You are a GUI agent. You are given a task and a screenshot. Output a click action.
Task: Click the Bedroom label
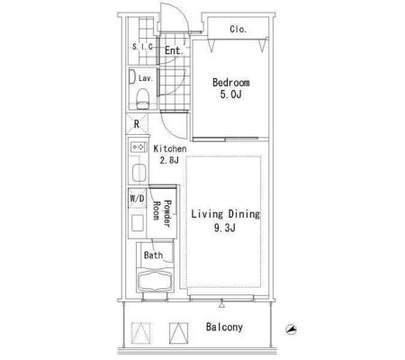230,82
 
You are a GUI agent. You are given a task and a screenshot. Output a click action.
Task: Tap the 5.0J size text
230,94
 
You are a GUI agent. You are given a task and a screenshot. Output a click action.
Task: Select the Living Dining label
225,214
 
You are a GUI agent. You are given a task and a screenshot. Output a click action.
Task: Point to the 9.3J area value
225,228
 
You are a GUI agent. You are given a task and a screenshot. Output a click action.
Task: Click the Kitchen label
170,148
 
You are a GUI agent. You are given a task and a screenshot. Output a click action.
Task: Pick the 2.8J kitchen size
169,160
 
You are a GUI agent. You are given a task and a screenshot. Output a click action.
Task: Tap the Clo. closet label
238,29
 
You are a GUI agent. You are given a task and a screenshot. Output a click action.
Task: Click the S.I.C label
142,47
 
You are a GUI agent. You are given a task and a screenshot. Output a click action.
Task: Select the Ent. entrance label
174,50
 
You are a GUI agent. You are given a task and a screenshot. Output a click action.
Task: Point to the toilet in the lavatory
142,99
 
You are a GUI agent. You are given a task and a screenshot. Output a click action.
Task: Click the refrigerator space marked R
137,124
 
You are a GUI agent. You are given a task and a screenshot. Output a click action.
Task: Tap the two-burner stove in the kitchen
139,147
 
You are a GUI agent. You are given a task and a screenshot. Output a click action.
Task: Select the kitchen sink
139,173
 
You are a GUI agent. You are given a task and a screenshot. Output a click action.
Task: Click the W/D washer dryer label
137,198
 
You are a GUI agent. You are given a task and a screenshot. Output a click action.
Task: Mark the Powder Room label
162,213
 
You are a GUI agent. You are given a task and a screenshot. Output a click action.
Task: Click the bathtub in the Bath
155,281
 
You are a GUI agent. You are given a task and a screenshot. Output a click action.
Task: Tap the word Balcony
224,327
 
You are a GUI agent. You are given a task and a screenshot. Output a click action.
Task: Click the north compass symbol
291,329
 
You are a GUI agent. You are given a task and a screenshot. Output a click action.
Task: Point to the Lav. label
146,78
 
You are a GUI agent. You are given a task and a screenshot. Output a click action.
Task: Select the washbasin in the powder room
137,223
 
